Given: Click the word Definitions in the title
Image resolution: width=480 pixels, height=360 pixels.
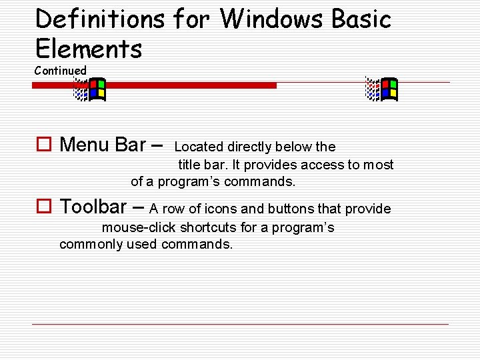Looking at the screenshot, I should pyautogui.click(x=100, y=19).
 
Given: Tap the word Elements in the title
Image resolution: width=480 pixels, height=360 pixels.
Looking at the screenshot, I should pyautogui.click(x=89, y=49).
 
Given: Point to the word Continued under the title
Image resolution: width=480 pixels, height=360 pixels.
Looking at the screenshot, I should pyautogui.click(x=61, y=71).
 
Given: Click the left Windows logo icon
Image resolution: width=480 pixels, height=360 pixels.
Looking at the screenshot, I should pyautogui.click(x=89, y=89).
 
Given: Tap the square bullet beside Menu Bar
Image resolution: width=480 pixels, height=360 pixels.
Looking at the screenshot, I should pyautogui.click(x=44, y=144).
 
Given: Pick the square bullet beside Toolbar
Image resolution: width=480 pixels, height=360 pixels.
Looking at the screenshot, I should pyautogui.click(x=44, y=207).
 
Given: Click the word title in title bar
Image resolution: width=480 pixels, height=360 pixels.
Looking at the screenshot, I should pyautogui.click(x=189, y=165).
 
